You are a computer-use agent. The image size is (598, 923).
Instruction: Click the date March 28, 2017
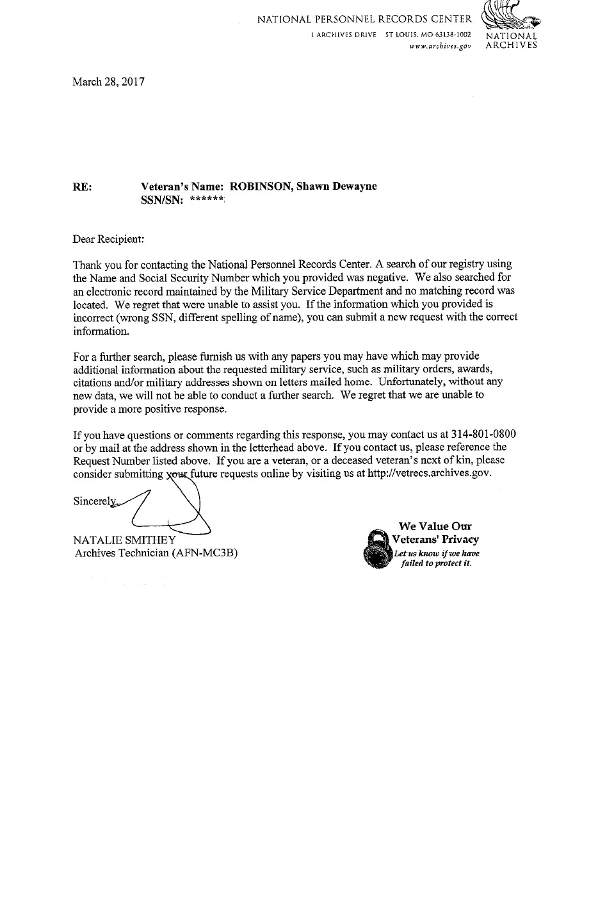coord(109,82)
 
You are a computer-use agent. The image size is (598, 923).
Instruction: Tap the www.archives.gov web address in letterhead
coord(441,46)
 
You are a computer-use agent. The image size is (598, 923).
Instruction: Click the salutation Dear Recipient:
coord(109,239)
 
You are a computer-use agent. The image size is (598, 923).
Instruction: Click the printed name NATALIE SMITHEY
coord(125,540)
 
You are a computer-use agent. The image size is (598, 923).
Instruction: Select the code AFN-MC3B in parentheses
coord(205,553)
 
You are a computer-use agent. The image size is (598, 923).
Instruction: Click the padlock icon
coord(376,549)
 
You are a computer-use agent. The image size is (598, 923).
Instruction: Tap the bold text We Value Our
coord(435,527)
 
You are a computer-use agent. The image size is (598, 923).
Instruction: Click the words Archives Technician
coord(122,553)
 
